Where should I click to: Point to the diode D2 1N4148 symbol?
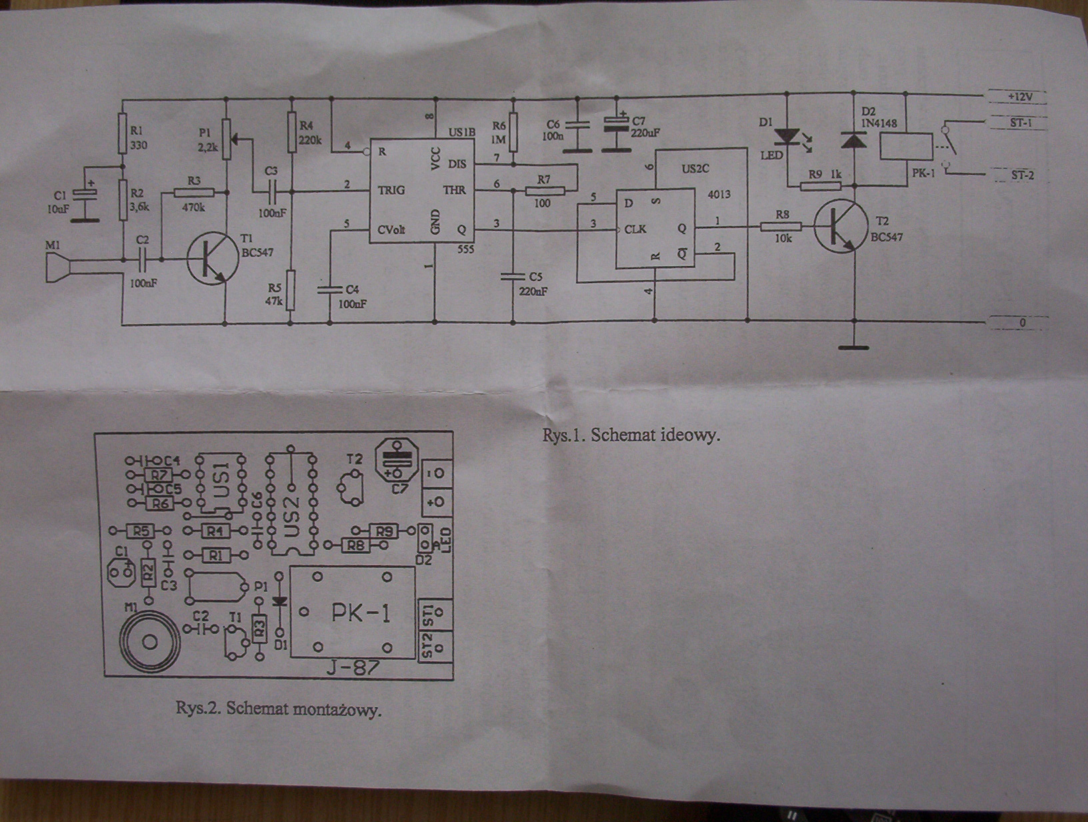853,139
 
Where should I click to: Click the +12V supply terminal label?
1019,97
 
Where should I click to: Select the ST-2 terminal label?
1022,175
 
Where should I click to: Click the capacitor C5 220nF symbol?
513,276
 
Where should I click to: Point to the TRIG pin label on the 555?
391,190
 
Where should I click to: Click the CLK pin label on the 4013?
635,230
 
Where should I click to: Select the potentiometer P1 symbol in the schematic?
227,139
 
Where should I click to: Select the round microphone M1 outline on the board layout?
149,641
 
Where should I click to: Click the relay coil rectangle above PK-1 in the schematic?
907,147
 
